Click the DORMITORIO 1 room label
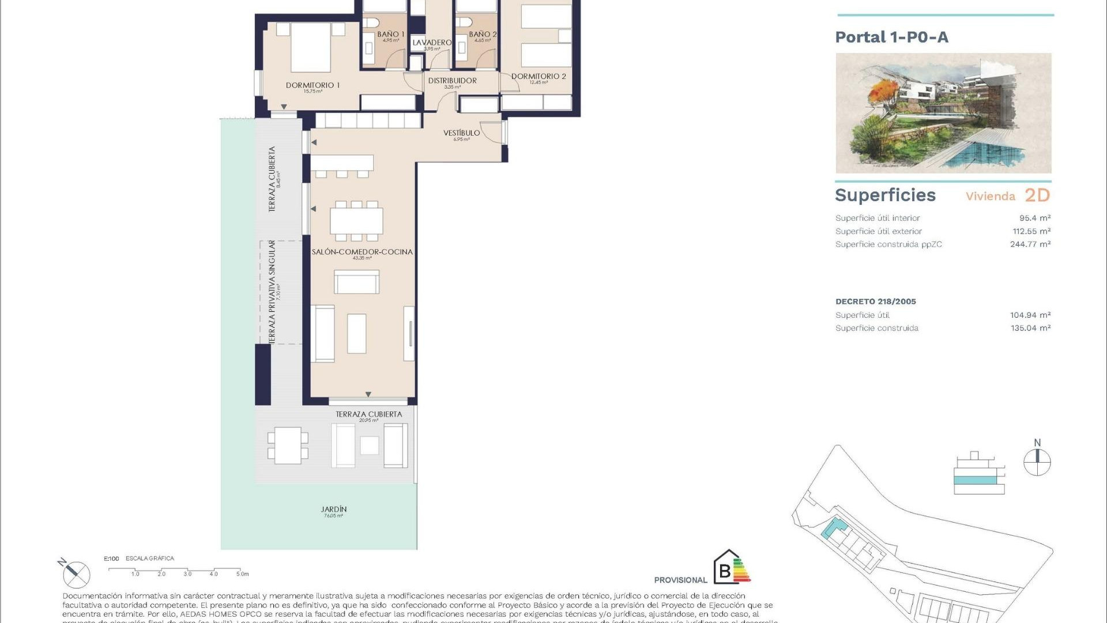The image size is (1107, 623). coord(312,85)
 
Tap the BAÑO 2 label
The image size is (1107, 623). coord(483,35)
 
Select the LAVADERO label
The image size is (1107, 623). coord(432,43)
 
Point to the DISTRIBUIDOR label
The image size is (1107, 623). coord(452,81)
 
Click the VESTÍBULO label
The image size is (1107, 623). coord(461,133)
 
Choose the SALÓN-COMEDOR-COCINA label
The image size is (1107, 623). coord(362,252)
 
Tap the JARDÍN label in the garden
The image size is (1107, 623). coord(334,509)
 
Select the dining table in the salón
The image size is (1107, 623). coord(356,220)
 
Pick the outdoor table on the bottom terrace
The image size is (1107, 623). coord(287,445)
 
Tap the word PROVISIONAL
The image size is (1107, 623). coord(680,580)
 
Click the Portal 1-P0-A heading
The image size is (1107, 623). coord(891,37)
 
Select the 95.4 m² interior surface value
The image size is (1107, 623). coord(1034,218)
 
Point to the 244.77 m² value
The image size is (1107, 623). coord(1030,244)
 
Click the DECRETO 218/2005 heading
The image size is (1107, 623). coord(875,301)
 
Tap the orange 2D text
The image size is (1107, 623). coord(1037,196)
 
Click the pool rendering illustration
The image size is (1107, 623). coord(943,113)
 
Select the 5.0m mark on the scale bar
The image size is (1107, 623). coord(242,573)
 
